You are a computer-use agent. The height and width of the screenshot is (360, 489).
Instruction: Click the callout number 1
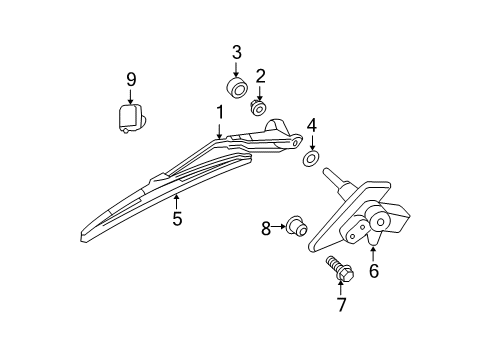(219, 112)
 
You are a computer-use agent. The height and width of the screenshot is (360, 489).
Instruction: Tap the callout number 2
(260, 75)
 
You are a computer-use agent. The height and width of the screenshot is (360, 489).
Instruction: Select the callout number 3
(237, 52)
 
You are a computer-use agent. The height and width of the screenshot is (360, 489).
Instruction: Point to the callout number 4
(311, 125)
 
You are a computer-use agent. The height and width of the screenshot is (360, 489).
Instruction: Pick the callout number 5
(176, 217)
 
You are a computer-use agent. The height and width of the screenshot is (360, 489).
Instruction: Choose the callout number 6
(373, 270)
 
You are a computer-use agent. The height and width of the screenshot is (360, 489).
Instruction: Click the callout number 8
(267, 228)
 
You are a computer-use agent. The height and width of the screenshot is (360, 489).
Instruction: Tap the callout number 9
(130, 79)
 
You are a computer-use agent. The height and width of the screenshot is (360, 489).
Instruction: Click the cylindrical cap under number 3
(238, 89)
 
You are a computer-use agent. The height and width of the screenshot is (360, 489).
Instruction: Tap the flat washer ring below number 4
(311, 158)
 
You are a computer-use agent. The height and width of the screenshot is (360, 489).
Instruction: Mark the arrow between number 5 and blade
(176, 199)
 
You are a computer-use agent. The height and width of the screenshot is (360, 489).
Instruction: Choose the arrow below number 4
(311, 142)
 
